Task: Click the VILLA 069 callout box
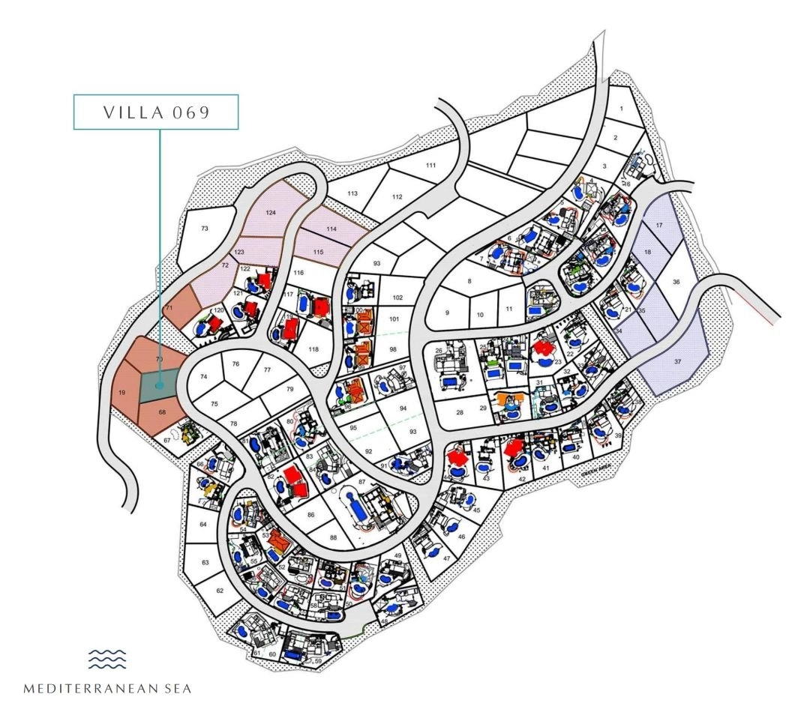click(x=155, y=112)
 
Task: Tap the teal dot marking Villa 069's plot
click(x=158, y=386)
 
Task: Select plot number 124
click(x=271, y=214)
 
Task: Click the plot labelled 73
click(x=205, y=228)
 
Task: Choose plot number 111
click(x=430, y=165)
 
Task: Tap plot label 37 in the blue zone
click(x=678, y=361)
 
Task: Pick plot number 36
click(x=676, y=282)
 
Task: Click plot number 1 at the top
click(x=621, y=109)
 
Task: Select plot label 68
click(x=162, y=412)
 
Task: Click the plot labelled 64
click(x=203, y=524)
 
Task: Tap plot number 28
click(x=460, y=411)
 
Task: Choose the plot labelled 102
click(x=397, y=298)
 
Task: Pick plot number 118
click(x=313, y=349)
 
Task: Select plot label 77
click(x=266, y=369)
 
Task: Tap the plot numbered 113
click(x=352, y=193)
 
